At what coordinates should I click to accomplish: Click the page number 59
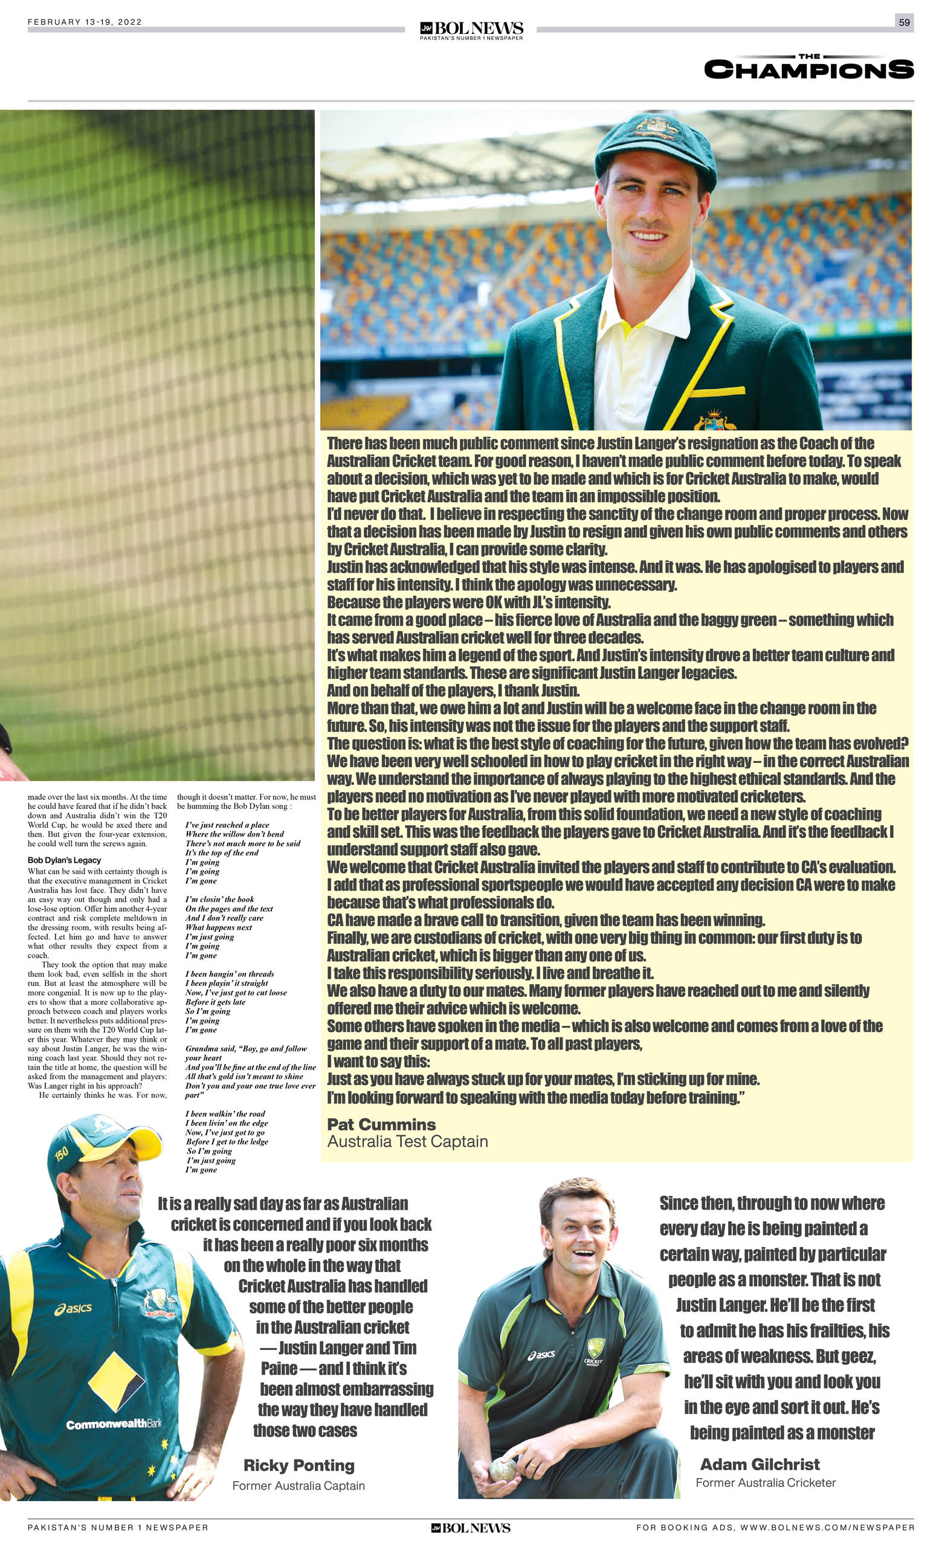(904, 22)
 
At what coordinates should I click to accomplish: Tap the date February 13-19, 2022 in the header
(85, 22)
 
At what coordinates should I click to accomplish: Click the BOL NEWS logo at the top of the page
(471, 30)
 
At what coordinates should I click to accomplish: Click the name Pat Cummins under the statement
(381, 1124)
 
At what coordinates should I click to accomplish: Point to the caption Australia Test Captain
(407, 1141)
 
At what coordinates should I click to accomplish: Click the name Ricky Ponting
(298, 1465)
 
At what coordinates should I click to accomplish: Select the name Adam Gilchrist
(760, 1464)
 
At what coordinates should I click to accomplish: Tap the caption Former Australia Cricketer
(765, 1482)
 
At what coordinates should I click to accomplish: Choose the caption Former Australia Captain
(298, 1485)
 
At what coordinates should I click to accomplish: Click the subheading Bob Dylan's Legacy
(64, 860)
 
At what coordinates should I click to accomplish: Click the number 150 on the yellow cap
(62, 1153)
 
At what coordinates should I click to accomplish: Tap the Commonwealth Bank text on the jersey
(114, 1424)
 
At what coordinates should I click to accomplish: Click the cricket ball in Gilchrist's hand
(503, 1451)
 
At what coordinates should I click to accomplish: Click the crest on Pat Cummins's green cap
(656, 128)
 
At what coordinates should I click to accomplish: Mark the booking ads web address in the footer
(775, 1528)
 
